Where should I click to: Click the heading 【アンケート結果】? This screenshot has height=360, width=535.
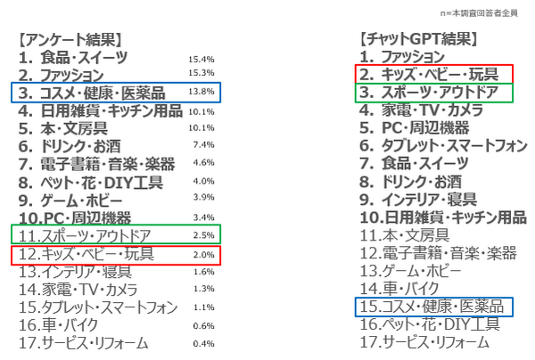[70, 39]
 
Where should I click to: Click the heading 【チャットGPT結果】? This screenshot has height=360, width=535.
[416, 39]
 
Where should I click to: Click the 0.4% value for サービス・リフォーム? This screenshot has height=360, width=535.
[203, 344]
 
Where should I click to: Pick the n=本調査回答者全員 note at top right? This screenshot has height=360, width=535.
[489, 13]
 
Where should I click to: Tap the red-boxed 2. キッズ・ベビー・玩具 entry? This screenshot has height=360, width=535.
[434, 74]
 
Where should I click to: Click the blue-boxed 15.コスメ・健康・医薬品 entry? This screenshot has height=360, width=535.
[434, 307]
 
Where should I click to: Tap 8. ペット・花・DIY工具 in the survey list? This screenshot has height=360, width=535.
[91, 182]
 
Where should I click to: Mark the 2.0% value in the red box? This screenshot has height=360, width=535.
[203, 254]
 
